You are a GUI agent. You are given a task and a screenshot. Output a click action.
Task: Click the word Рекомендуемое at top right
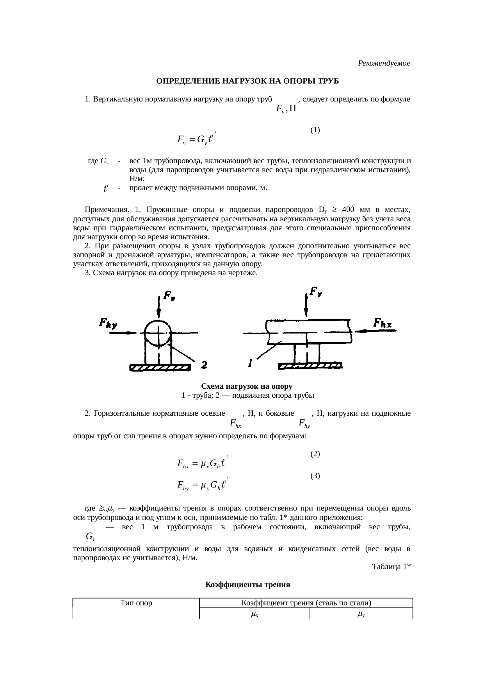point(384,63)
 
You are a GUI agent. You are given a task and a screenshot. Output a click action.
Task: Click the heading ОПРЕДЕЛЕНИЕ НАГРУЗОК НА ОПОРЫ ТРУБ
point(247,81)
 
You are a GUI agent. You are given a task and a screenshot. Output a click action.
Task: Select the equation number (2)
point(315,454)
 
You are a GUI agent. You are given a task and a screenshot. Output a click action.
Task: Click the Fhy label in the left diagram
point(109,323)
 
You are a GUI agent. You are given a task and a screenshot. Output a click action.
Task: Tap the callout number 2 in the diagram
point(204,365)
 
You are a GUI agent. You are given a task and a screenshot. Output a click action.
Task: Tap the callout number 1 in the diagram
point(250,363)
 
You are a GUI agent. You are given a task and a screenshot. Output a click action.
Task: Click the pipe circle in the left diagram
point(158,334)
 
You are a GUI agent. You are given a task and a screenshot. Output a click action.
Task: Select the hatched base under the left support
point(160,368)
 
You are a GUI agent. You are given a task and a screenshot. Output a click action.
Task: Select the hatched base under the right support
point(310,366)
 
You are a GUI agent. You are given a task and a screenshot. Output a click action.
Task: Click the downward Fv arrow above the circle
point(158,306)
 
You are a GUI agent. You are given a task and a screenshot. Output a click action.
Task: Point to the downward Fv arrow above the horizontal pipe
point(306,302)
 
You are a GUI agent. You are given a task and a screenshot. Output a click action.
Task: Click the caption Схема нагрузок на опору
point(247,386)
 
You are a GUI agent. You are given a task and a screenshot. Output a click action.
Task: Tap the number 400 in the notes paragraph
point(349,210)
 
